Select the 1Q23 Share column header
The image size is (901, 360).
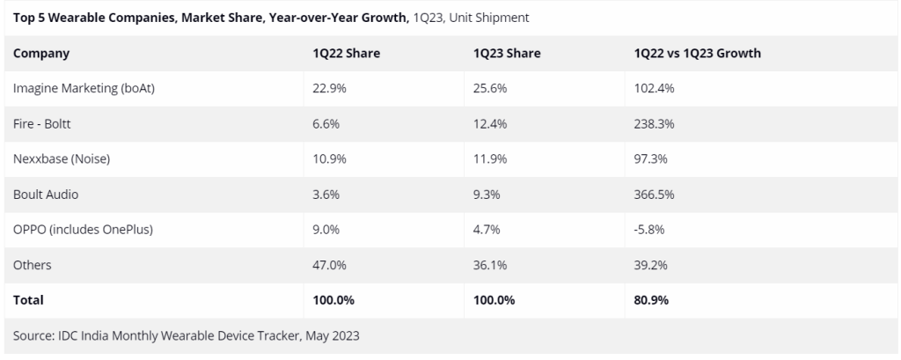point(506,54)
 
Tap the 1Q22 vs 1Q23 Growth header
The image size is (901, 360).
point(697,54)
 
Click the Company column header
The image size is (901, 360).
point(41,54)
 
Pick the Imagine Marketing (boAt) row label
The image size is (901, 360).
point(84,89)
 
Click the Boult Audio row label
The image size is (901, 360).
point(47,195)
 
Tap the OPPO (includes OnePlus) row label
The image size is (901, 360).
point(84,230)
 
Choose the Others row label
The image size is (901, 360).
point(33,265)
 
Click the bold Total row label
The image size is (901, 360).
point(28,300)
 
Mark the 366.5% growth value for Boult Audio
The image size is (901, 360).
point(654,195)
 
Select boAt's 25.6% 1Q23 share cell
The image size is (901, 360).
point(489,89)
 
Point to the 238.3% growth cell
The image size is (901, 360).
point(654,124)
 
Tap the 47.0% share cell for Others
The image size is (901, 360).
point(330,265)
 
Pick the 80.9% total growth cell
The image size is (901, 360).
point(651,300)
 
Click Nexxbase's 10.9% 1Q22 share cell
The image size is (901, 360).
point(330,159)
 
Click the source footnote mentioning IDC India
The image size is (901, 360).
point(187,335)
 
